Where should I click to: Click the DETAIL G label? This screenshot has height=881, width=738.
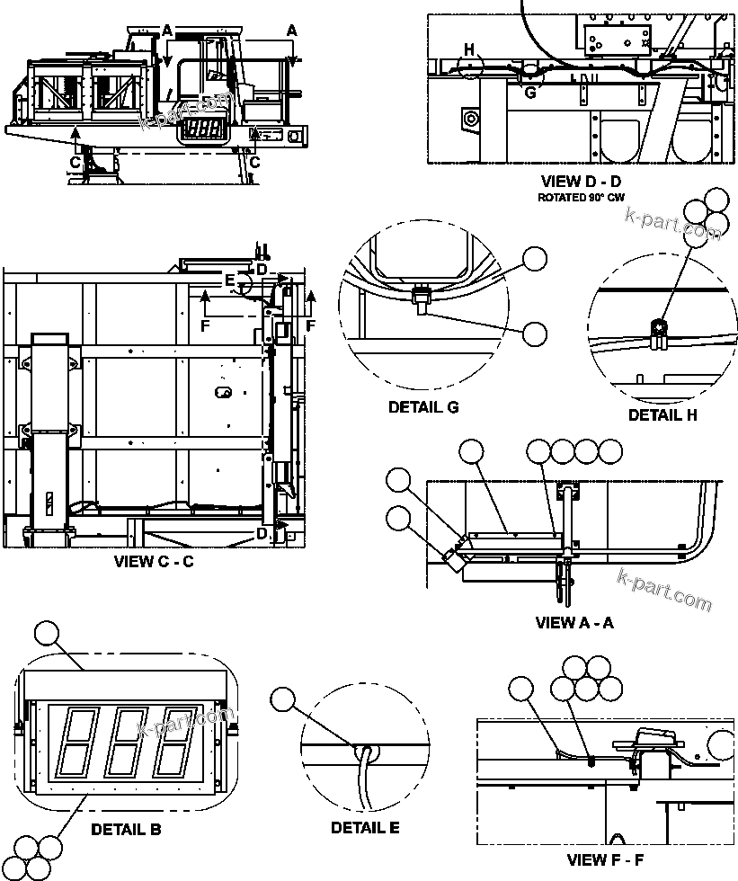point(423,407)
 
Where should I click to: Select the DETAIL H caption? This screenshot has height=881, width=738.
point(662,414)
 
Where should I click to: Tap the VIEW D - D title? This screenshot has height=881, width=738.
point(582,182)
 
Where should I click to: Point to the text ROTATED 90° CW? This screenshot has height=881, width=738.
point(582,197)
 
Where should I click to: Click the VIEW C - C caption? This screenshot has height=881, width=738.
point(154,563)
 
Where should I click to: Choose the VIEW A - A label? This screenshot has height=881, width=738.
point(574,622)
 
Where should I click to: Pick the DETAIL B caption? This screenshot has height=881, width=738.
point(126,830)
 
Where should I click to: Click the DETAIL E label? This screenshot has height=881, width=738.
point(365,827)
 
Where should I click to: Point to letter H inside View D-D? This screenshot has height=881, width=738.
point(468,49)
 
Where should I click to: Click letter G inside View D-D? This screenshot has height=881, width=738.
point(529,92)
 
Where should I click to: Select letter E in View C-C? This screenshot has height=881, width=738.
point(230,281)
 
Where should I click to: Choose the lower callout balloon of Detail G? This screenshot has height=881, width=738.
point(535,334)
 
